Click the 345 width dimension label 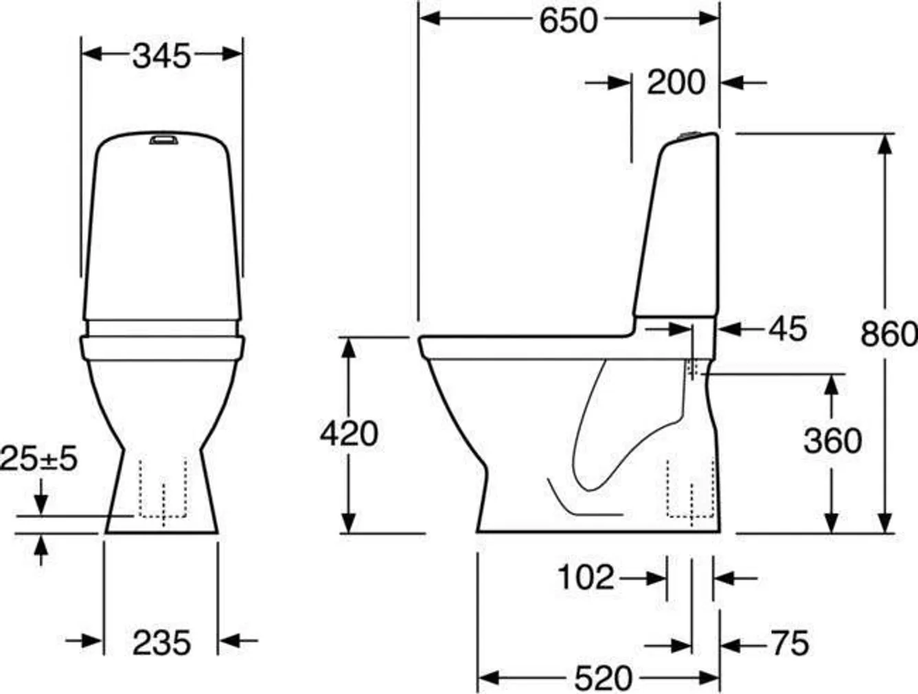pos(161,56)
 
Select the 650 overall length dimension pos(568,21)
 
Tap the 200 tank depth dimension pos(676,82)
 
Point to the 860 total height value pos(888,334)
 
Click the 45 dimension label pos(788,329)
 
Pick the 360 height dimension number pos(832,440)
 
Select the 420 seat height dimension pos(349,434)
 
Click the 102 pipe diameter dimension pos(585,577)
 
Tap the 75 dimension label pos(790,644)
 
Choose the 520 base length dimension pos(603,679)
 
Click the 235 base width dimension pos(161,643)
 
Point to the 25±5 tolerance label pos(39,458)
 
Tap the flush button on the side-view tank pos(689,134)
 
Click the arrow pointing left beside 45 pos(733,329)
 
